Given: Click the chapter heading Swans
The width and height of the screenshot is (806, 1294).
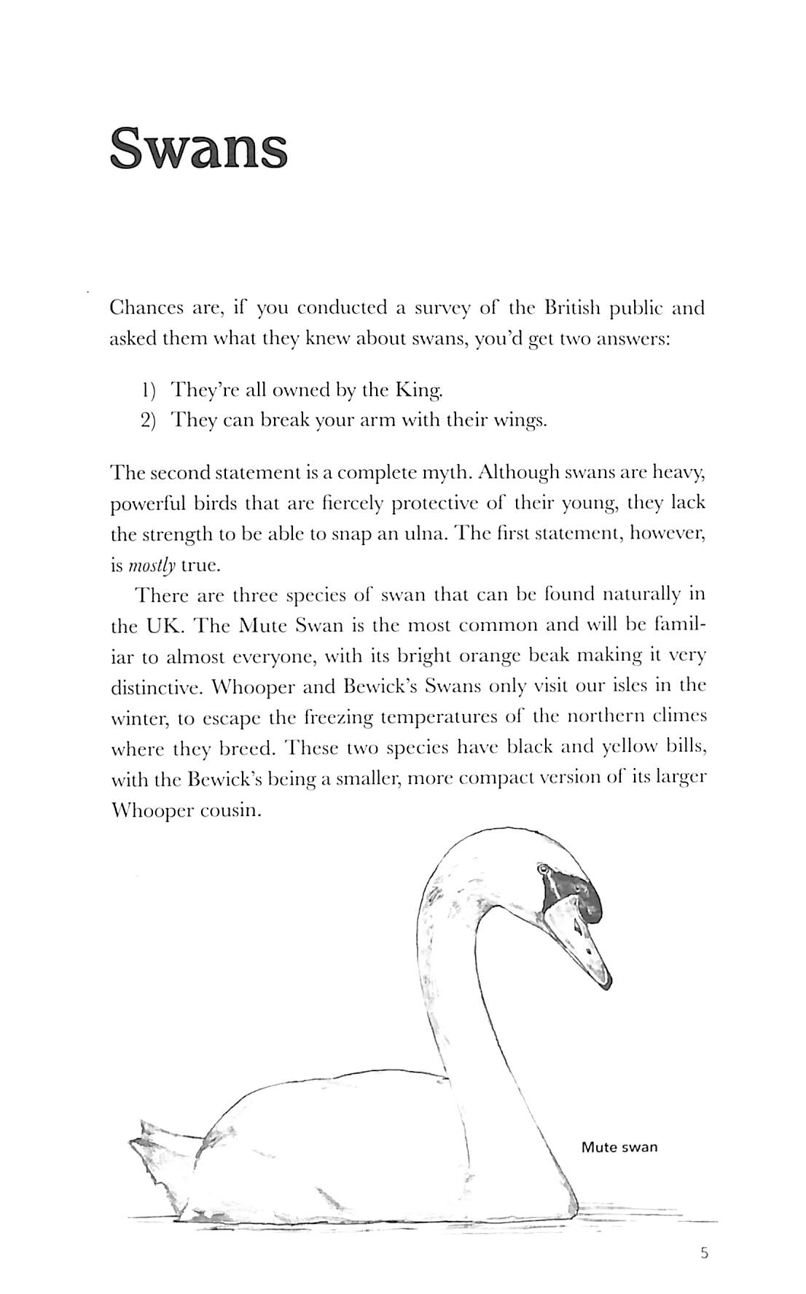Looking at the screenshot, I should (x=198, y=148).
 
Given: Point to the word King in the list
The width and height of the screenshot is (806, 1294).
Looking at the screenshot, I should (x=418, y=391).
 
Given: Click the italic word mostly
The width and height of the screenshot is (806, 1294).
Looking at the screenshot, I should (x=153, y=565).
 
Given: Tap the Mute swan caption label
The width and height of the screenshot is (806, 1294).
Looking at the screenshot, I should (x=619, y=1148).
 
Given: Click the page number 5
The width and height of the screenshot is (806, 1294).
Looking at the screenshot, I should (x=703, y=1253).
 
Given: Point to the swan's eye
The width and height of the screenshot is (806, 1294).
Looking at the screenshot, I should (x=542, y=869).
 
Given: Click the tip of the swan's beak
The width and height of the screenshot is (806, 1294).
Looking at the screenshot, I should (x=606, y=984).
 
